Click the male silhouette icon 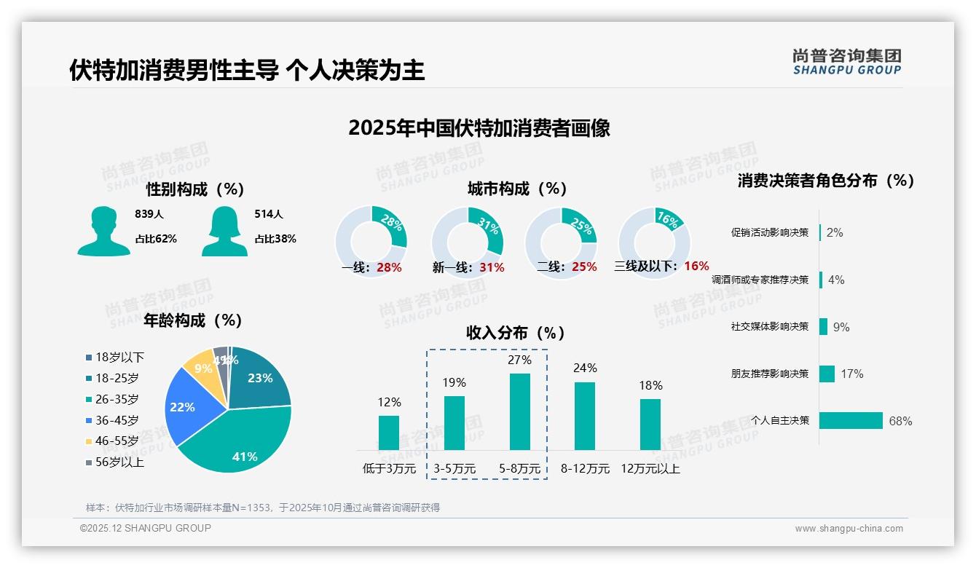tap(103, 231)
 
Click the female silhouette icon tap(224, 231)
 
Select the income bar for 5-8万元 tap(519, 411)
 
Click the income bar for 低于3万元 tap(389, 433)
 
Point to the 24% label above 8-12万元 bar tap(585, 368)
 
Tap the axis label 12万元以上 tap(650, 469)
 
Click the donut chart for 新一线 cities tap(467, 242)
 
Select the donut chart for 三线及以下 tap(653, 242)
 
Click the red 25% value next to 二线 tap(584, 267)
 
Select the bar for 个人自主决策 tap(851, 421)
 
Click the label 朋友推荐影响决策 tap(769, 374)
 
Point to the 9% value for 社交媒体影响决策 tap(841, 327)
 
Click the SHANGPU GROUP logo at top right tap(846, 62)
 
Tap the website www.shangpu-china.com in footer tap(849, 529)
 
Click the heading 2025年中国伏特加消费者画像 tap(479, 128)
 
